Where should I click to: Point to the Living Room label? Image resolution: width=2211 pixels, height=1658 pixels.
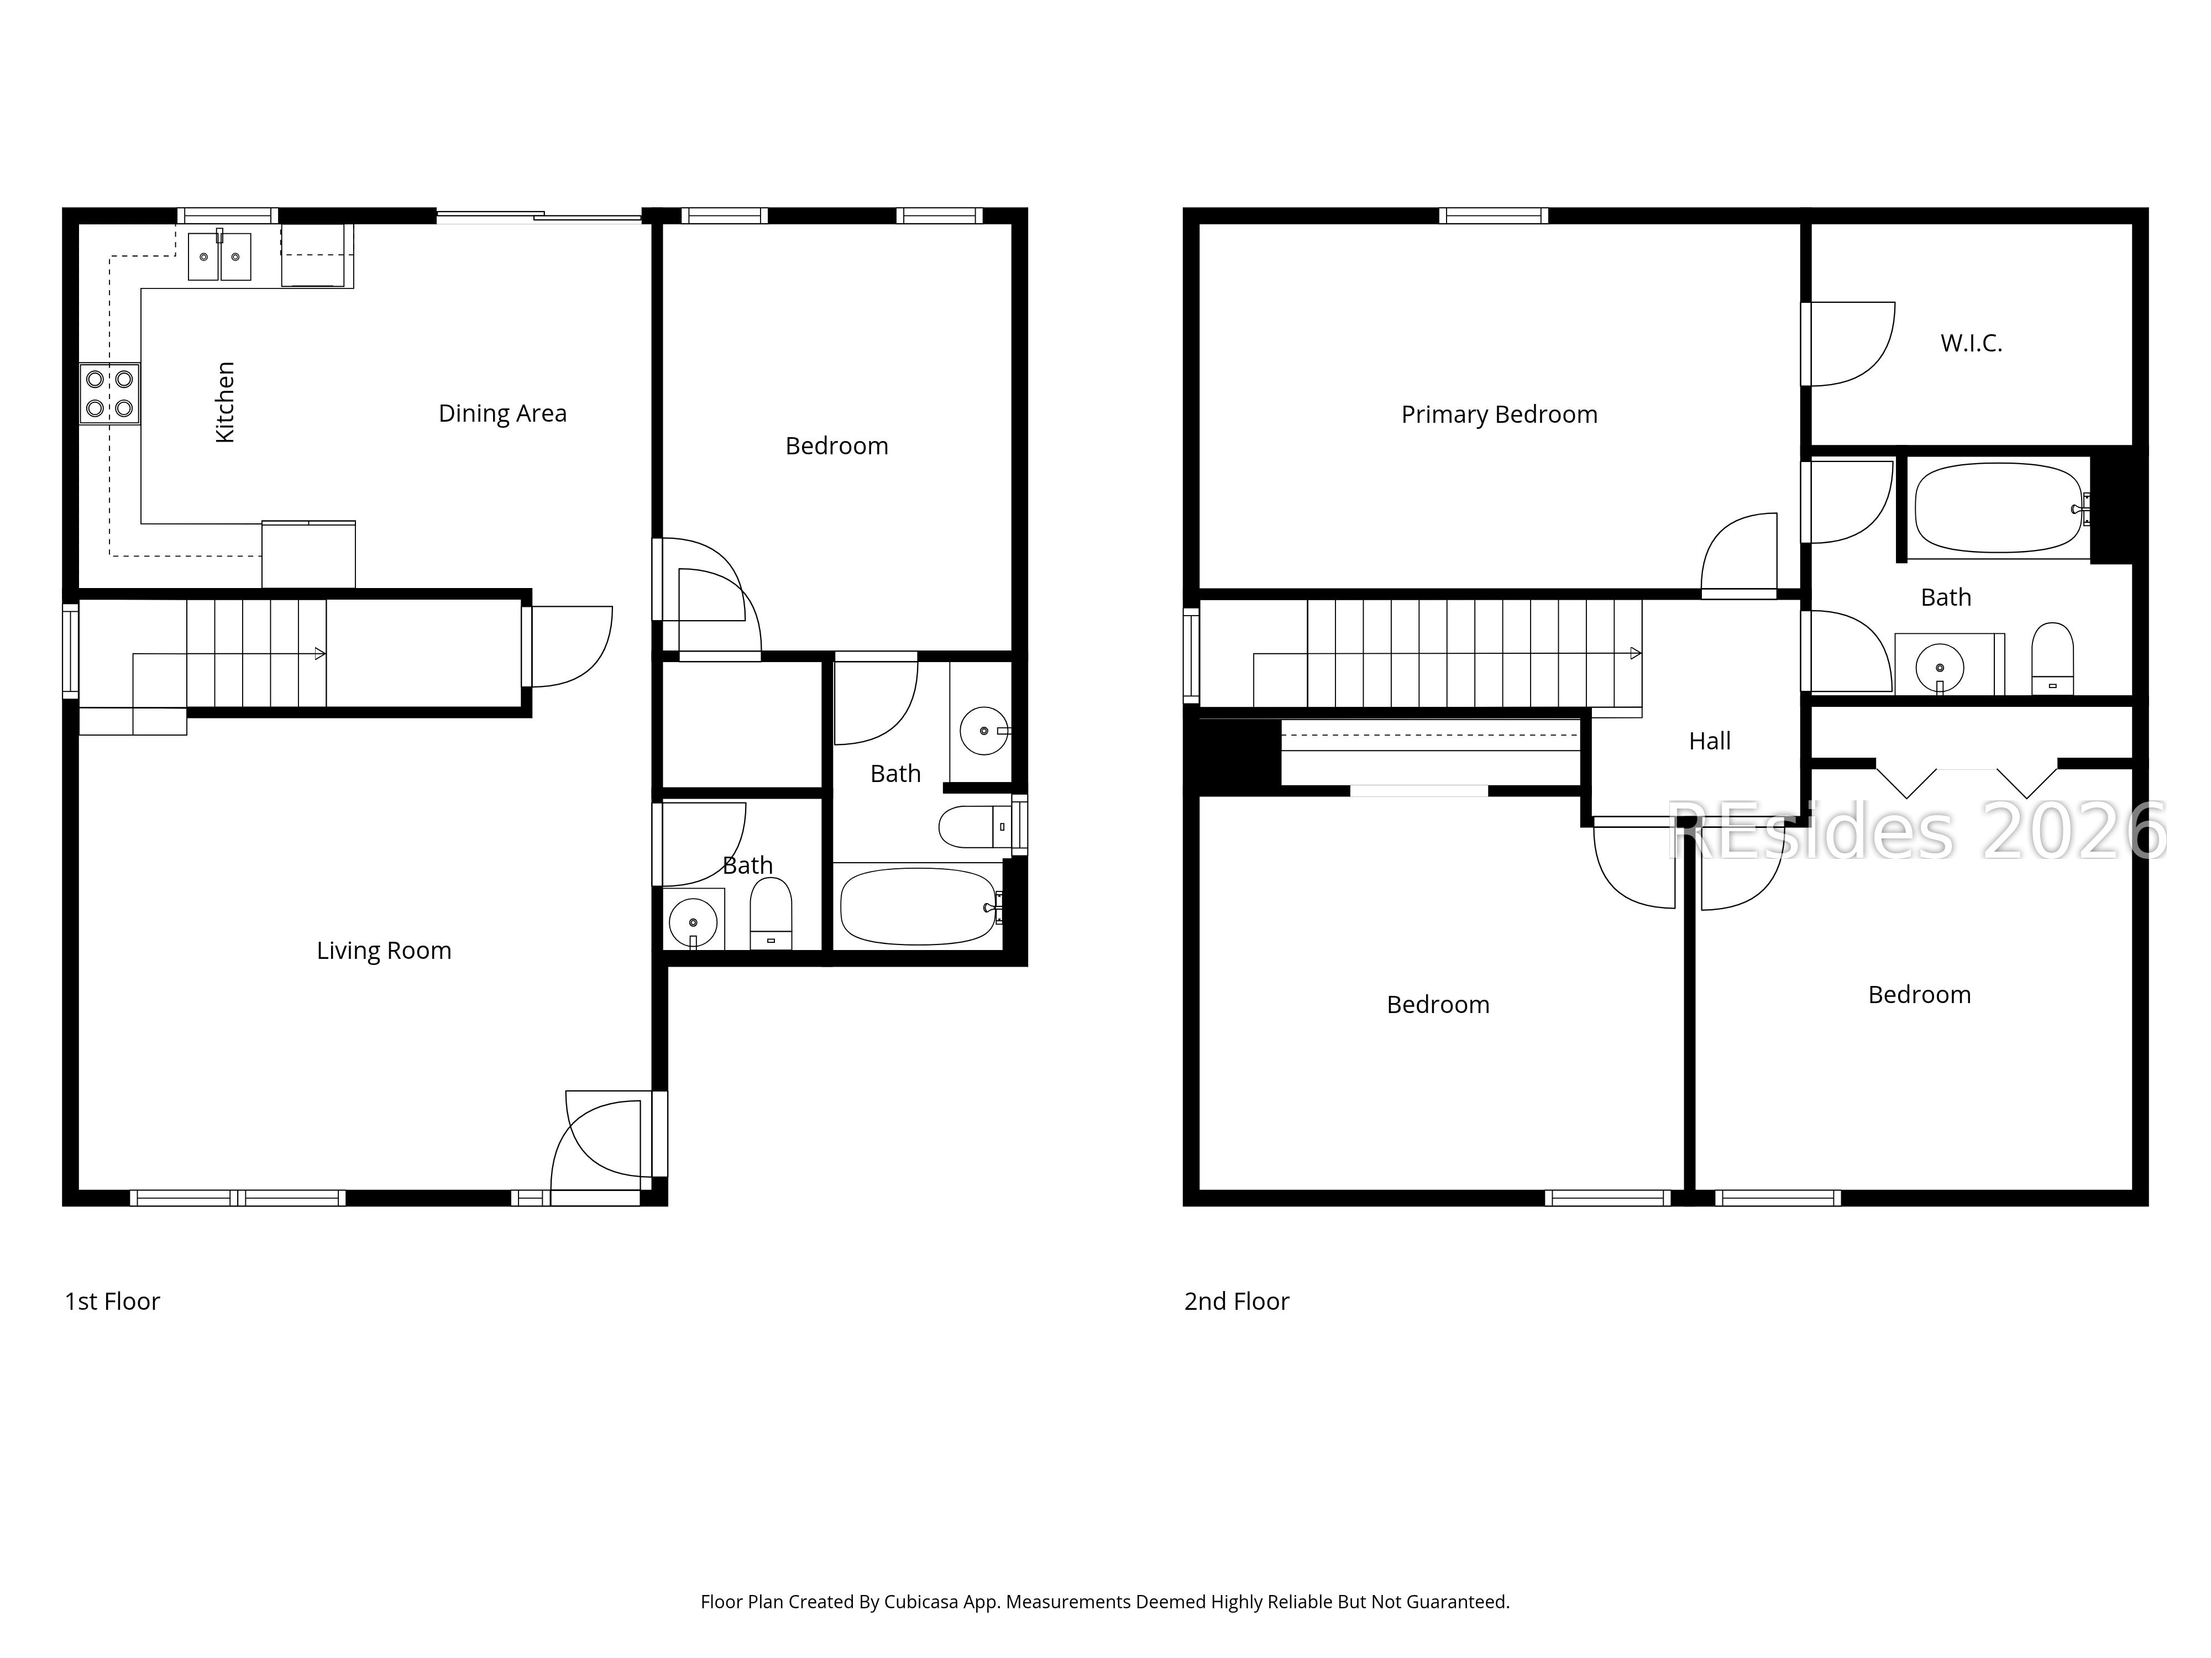click(x=384, y=951)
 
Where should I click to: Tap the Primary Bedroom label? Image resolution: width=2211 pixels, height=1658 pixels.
click(x=1499, y=414)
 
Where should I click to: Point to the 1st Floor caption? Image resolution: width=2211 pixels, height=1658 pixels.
click(x=112, y=1301)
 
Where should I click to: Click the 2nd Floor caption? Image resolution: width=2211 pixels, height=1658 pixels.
click(x=1237, y=1301)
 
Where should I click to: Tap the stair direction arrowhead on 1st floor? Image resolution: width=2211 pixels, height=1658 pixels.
click(x=320, y=654)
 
